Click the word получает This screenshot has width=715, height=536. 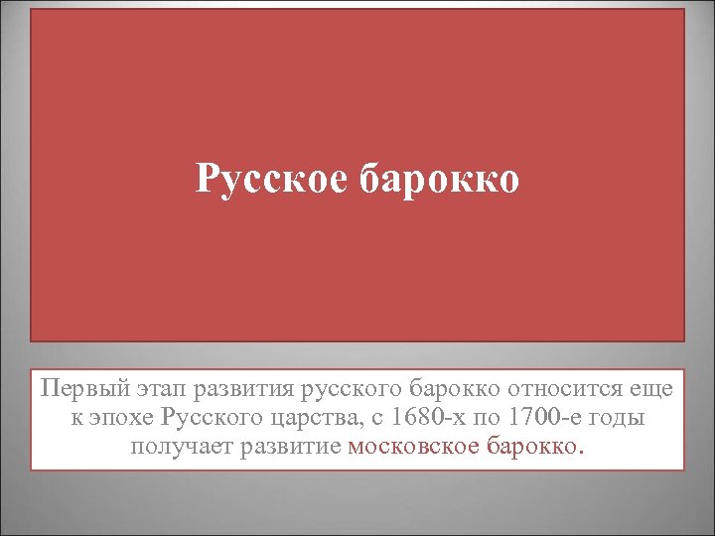click(179, 446)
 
